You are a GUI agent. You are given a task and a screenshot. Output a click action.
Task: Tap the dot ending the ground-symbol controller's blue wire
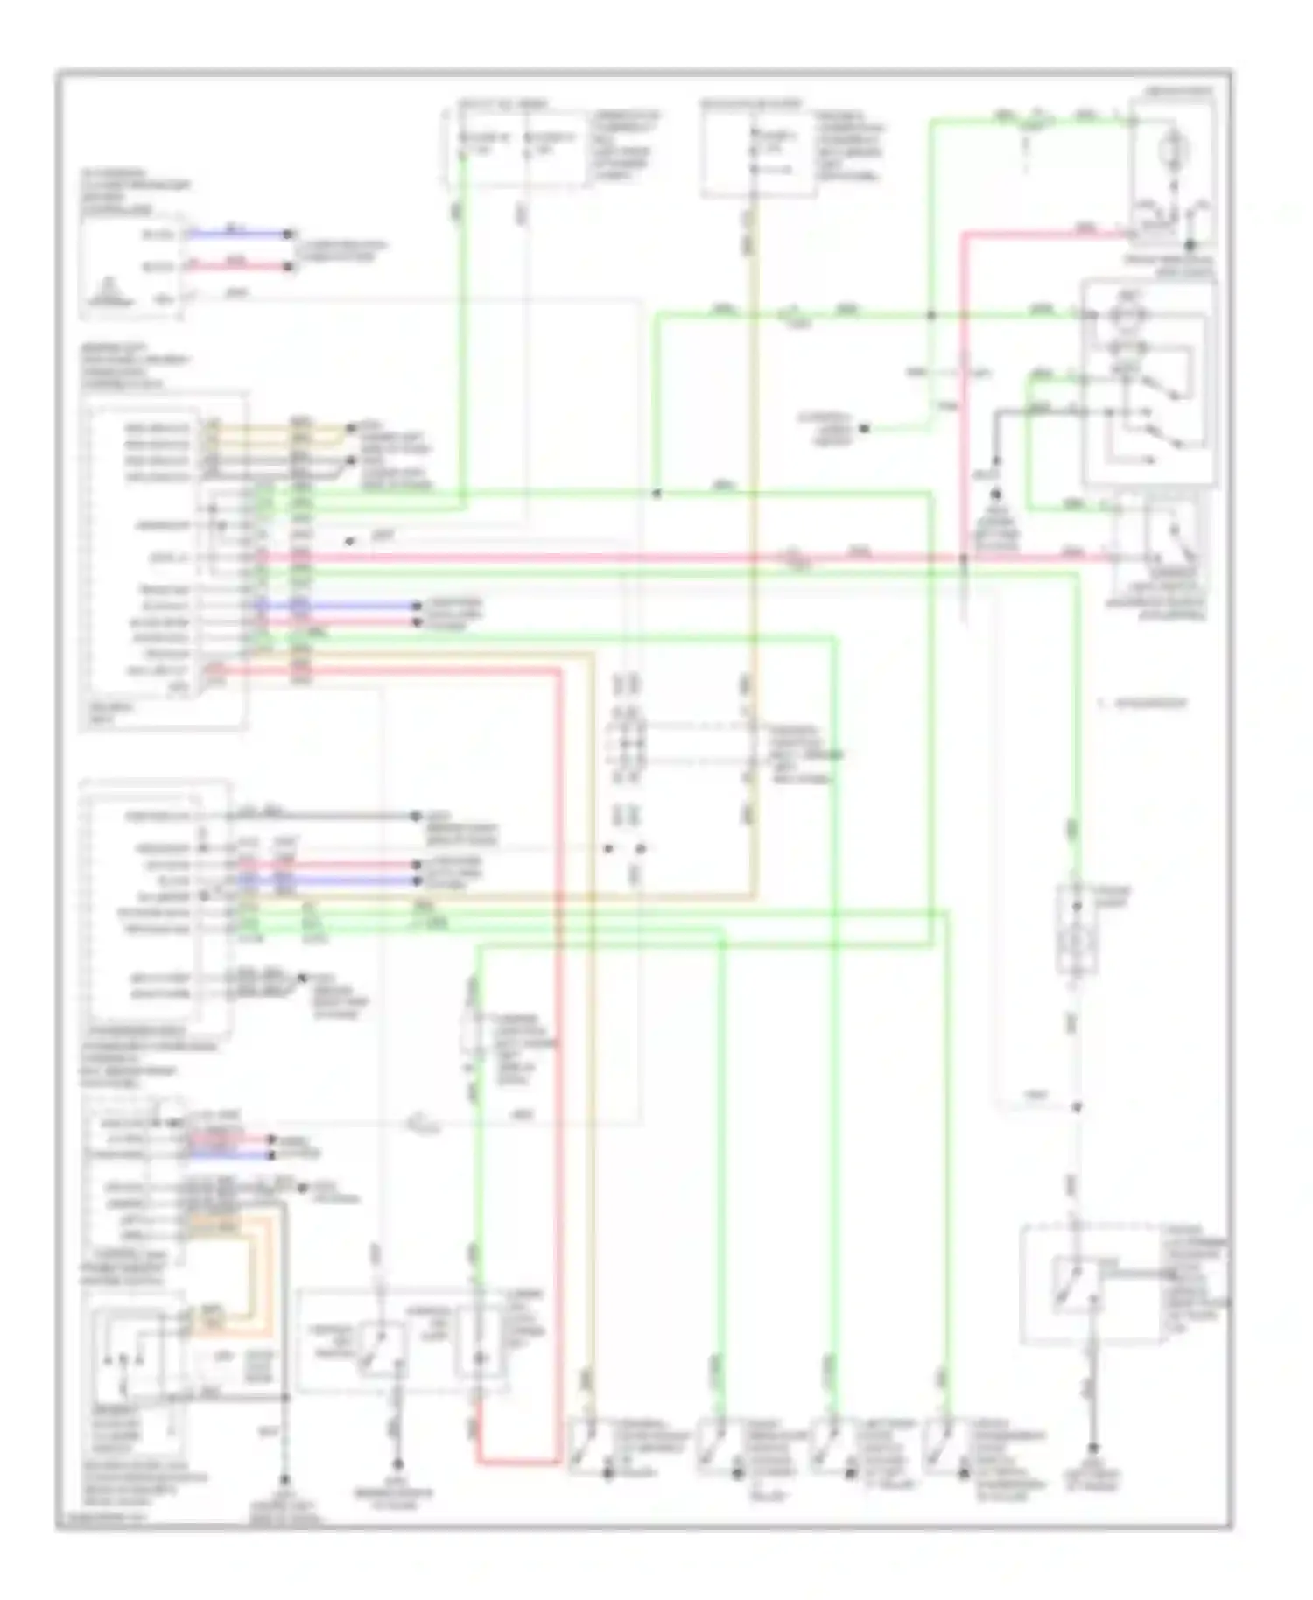[289, 235]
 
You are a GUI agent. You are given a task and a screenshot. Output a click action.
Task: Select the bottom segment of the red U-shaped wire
[517, 1461]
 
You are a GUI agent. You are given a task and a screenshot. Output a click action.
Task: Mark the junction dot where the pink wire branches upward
[963, 558]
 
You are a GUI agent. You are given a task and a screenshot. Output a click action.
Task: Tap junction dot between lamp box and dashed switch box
[1077, 1107]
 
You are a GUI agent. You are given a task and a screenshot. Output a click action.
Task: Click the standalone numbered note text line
[1142, 703]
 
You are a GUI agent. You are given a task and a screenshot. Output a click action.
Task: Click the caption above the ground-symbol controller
[135, 192]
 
